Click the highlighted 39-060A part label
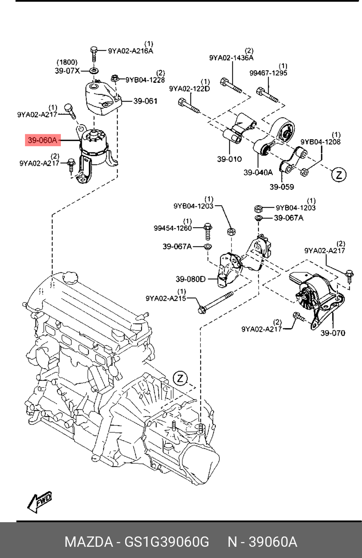click(43, 140)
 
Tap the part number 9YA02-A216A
click(131, 51)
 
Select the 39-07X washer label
click(67, 71)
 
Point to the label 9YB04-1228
click(145, 80)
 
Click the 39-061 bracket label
click(145, 101)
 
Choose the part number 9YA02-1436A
click(231, 58)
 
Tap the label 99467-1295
click(268, 73)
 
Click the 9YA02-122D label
click(190, 89)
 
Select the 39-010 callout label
click(230, 159)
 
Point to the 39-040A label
click(258, 172)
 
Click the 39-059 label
click(282, 187)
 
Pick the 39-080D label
click(190, 279)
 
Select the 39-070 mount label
click(333, 333)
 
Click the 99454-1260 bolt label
click(173, 228)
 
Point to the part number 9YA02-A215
click(166, 298)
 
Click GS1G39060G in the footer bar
click(167, 542)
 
